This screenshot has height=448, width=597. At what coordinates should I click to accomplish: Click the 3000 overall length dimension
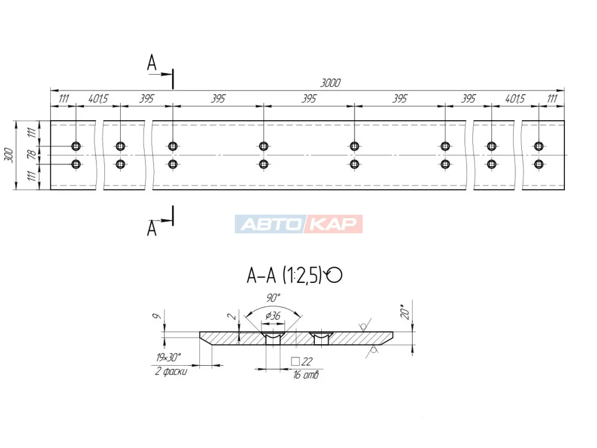330,83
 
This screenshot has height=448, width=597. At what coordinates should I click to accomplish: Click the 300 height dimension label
9,155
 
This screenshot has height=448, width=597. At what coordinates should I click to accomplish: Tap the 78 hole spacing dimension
32,154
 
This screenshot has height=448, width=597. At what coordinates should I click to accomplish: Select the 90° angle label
273,297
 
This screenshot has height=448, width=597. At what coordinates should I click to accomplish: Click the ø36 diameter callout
273,316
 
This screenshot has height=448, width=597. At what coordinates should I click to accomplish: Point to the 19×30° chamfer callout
168,358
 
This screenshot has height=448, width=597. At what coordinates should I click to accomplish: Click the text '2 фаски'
171,370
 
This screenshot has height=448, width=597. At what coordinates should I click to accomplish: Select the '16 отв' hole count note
305,375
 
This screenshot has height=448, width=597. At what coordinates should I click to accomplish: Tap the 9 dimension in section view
156,316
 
